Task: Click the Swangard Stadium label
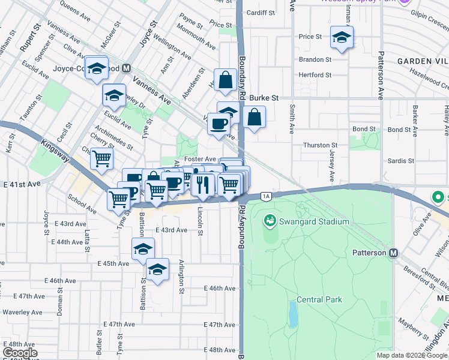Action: coord(313,222)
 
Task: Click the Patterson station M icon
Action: coord(394,253)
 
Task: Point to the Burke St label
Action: coord(265,97)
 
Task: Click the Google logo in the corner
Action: coord(20,353)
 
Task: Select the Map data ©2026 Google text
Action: coord(412,355)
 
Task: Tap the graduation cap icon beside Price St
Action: coord(342,37)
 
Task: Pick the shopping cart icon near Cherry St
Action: coord(102,158)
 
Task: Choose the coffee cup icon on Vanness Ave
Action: coord(218,123)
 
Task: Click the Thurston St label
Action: coord(320,145)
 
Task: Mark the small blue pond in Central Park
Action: coord(292,313)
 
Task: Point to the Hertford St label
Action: coord(315,75)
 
